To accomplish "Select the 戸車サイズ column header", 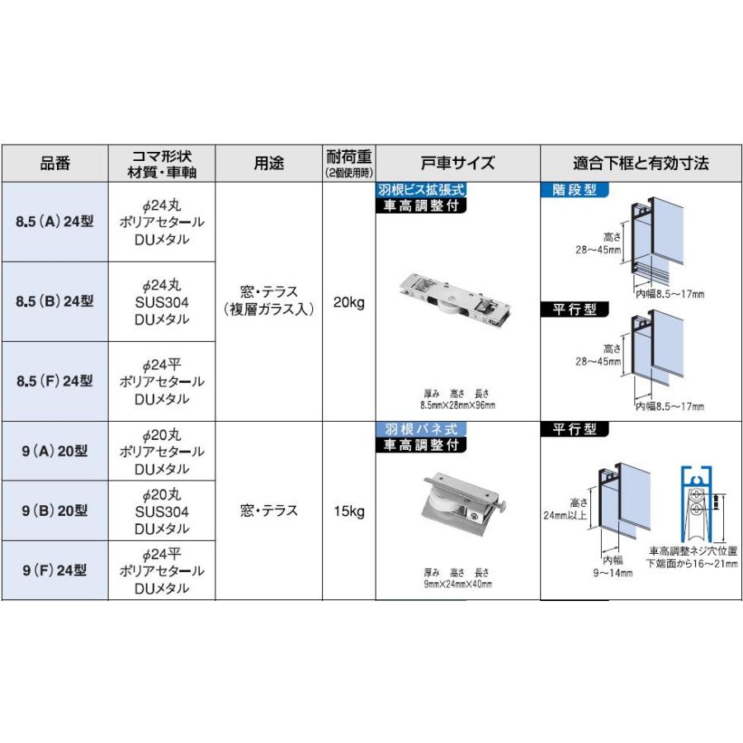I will (458, 163).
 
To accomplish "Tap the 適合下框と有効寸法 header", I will (641, 163).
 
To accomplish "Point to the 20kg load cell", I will (348, 302).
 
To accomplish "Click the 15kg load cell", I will (348, 511).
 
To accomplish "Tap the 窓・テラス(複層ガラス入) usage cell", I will (268, 301).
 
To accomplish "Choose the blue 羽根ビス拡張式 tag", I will (421, 190).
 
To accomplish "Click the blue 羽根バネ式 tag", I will (421, 429).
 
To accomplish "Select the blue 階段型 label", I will (575, 190).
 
